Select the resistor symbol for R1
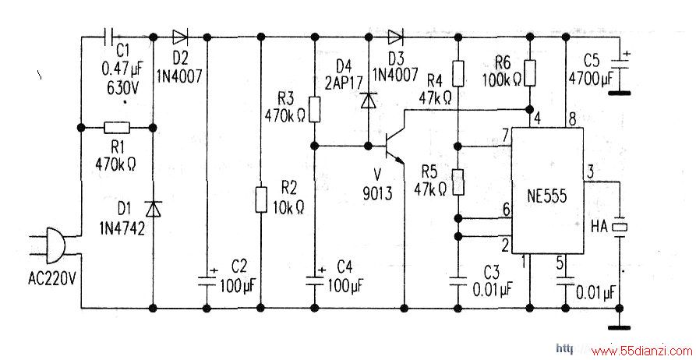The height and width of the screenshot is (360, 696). tap(117, 129)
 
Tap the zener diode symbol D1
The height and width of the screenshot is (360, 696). tap(153, 208)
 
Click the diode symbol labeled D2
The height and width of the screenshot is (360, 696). tap(180, 37)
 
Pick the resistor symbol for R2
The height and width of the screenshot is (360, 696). tap(261, 199)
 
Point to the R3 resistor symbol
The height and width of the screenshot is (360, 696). tap(314, 109)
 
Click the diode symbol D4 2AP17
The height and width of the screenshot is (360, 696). tap(369, 101)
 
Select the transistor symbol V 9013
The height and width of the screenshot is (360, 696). tap(394, 145)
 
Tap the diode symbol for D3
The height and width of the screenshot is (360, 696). tap(395, 37)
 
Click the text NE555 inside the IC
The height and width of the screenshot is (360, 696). tap(547, 196)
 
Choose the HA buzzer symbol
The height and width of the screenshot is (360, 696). tap(620, 227)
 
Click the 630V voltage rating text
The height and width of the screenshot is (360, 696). tap(122, 88)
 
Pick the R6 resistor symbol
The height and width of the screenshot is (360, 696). tap(529, 72)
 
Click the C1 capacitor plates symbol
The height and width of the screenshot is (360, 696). tap(109, 37)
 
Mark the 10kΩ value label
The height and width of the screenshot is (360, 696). tap(288, 207)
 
